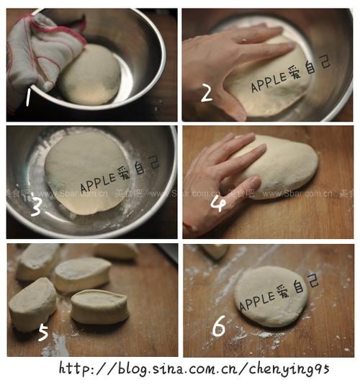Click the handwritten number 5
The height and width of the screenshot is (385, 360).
42,333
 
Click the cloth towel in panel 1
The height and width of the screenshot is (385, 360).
40,50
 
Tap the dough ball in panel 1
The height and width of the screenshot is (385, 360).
90,74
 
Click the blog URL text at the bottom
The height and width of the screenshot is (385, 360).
194,368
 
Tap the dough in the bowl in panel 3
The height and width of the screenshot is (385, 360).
86,173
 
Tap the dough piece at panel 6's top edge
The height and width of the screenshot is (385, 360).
215,251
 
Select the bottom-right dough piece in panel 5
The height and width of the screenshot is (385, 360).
99,307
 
